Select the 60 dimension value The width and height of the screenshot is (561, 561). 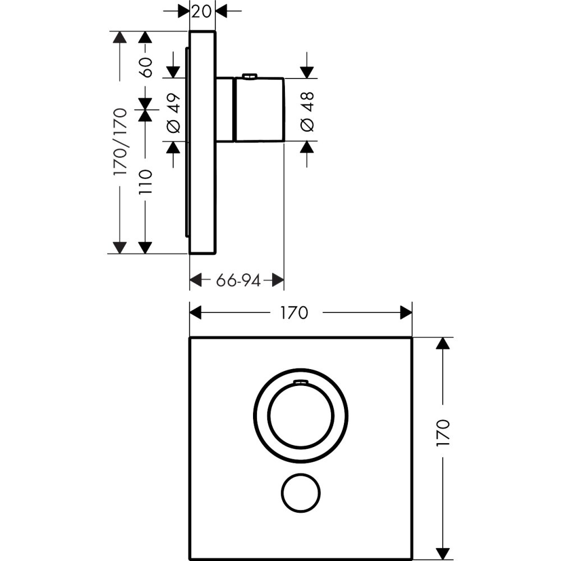pyautogui.click(x=145, y=67)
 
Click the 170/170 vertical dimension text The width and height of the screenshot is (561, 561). pyautogui.click(x=120, y=142)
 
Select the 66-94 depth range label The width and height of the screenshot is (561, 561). pyautogui.click(x=238, y=280)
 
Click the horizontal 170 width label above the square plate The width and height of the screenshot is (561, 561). pyautogui.click(x=294, y=312)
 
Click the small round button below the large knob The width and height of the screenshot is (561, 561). pyautogui.click(x=300, y=491)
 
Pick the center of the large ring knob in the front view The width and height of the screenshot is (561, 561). pyautogui.click(x=301, y=416)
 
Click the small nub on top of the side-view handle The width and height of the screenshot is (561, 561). pyautogui.click(x=250, y=76)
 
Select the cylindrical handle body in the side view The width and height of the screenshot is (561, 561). pyautogui.click(x=259, y=110)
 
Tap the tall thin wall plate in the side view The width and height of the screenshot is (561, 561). pyautogui.click(x=203, y=142)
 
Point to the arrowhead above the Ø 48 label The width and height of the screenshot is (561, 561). pyautogui.click(x=307, y=72)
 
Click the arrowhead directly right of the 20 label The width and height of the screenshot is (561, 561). pyautogui.click(x=221, y=11)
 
